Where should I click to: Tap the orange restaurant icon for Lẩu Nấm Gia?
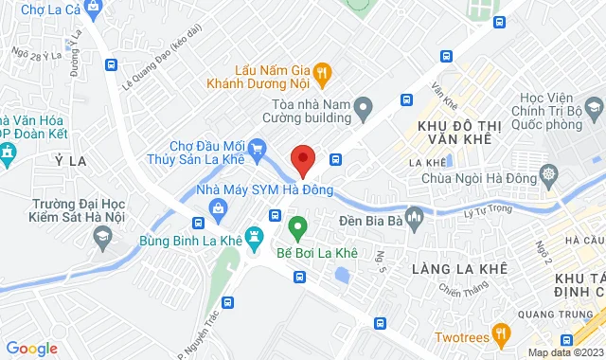point(322,70)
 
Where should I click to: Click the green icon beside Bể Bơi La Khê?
point(296,227)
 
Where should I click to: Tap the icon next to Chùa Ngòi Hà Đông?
point(548,174)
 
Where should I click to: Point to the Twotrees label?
point(462,336)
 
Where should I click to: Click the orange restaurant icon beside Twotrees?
point(501,333)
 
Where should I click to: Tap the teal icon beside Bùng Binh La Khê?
point(253,237)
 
